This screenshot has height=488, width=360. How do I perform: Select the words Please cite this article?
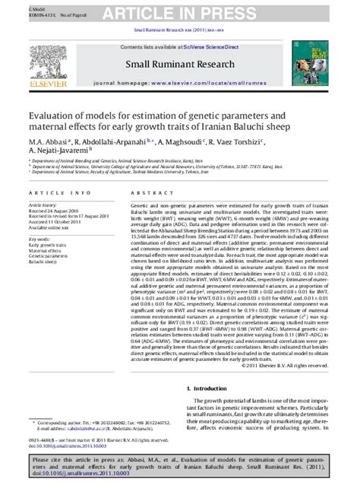coord(57,461)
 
